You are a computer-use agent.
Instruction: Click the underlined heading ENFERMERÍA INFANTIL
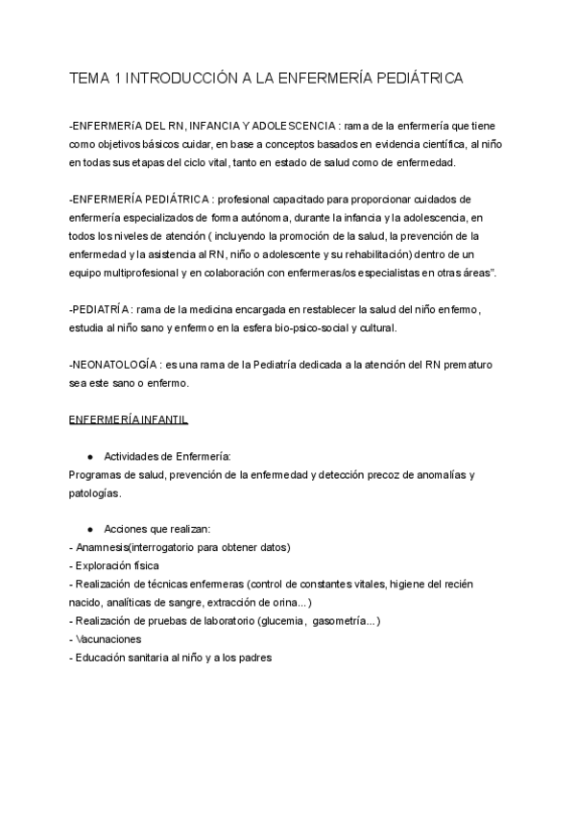point(130,420)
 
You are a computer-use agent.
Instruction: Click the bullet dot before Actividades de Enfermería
point(89,456)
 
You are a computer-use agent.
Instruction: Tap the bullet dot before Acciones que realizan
point(89,529)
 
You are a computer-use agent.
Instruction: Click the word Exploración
point(110,566)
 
